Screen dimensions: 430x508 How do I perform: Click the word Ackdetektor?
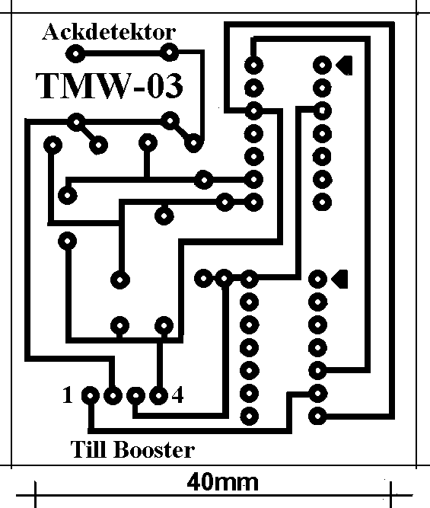(x=109, y=32)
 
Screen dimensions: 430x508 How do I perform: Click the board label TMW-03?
(x=109, y=86)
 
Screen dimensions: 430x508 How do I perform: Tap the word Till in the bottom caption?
(x=88, y=449)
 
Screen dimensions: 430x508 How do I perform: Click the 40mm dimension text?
(x=223, y=482)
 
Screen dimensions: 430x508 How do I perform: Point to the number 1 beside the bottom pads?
(x=67, y=395)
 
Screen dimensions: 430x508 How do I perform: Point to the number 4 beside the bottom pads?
(x=177, y=395)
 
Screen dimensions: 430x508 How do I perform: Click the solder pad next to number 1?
(x=91, y=395)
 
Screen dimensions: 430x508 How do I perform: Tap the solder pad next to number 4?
(x=158, y=395)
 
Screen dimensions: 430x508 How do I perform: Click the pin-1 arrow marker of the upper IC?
(x=345, y=65)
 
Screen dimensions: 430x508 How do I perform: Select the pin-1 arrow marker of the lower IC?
(x=340, y=279)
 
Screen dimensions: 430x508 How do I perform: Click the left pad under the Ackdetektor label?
(x=75, y=53)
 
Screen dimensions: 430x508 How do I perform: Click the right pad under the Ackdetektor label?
(x=169, y=52)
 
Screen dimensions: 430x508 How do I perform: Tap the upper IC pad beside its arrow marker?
(x=322, y=65)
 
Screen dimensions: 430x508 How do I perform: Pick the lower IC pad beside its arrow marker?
(x=317, y=279)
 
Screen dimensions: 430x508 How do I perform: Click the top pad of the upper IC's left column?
(x=254, y=65)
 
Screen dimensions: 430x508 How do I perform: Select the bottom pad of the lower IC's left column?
(x=250, y=417)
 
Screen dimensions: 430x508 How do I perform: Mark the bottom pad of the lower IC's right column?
(x=317, y=417)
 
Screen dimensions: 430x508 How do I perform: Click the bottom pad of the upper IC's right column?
(x=322, y=203)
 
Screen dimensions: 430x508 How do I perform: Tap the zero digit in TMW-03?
(x=154, y=86)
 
